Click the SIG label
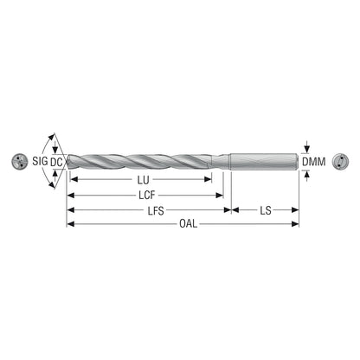[x=40, y=161]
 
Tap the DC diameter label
[x=56, y=162]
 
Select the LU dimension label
[x=143, y=180]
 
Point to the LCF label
[x=147, y=196]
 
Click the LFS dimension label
[x=156, y=211]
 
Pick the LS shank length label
[x=266, y=210]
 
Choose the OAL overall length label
[x=189, y=223]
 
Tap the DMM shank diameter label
[x=313, y=162]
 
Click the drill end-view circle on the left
[x=20, y=162]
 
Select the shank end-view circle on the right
[x=340, y=161]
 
